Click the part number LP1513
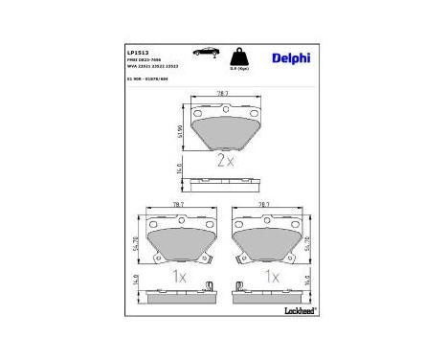[136, 47]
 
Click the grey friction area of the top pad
[225, 131]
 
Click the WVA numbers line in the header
[149, 64]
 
